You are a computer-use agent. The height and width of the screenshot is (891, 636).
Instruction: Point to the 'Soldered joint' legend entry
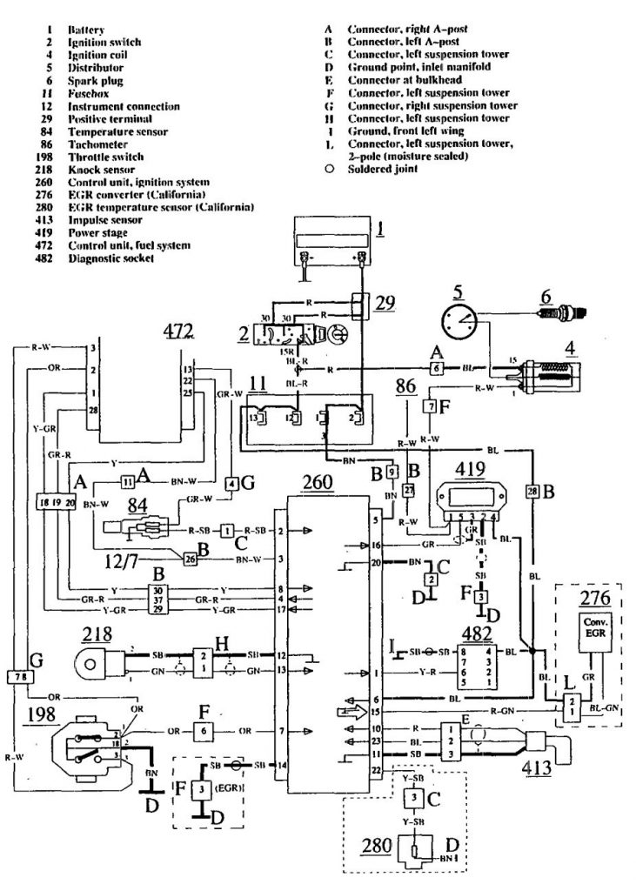coord(383,169)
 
